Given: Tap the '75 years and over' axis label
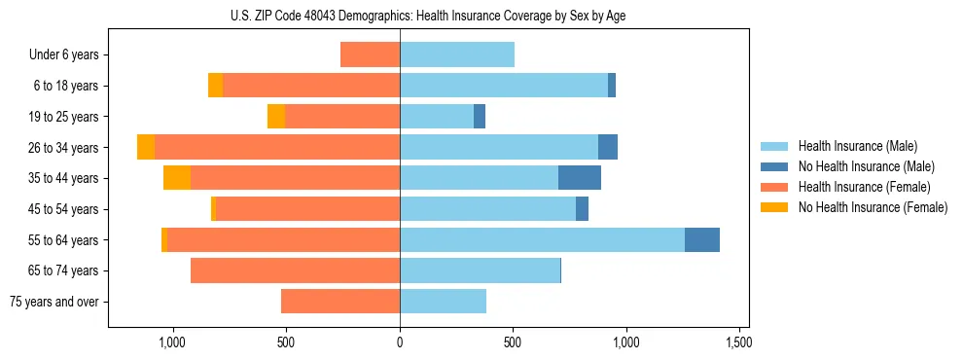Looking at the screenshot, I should coord(54,302).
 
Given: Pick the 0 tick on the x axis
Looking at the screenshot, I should coord(400,343).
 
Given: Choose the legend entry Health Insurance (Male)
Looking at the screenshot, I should coord(857,146).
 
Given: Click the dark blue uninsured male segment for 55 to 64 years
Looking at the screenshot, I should coord(702,240).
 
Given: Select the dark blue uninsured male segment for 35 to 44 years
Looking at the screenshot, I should coord(580,178).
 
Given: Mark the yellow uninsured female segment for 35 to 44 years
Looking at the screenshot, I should coord(177,178).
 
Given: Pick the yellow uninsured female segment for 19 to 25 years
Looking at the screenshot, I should coord(276,117).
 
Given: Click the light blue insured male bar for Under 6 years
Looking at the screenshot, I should coord(457,54).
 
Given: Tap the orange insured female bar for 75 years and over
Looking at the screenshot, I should coord(340,302).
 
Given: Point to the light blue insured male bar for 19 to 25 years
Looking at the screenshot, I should coord(437,117).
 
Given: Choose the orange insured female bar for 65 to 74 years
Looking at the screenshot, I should coord(295,270).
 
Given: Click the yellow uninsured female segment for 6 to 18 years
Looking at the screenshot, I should coord(215,86).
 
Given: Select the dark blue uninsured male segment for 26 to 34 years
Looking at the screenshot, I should coord(608,147).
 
